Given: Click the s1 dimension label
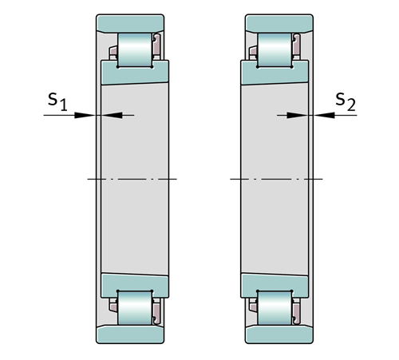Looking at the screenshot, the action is [x=57, y=101].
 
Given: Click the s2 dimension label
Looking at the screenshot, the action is [x=346, y=101].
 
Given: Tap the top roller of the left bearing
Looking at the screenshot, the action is [x=135, y=49].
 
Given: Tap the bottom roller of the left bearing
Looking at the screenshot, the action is [x=135, y=308].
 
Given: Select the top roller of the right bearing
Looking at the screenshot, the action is [x=275, y=49].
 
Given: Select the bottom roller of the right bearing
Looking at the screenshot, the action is [x=275, y=308].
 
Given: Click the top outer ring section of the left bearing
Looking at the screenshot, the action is [x=130, y=23].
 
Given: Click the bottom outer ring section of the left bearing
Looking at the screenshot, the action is [x=130, y=334].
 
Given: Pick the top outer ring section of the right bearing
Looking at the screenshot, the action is [x=279, y=23].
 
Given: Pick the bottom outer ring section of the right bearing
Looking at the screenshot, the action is [x=279, y=334].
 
